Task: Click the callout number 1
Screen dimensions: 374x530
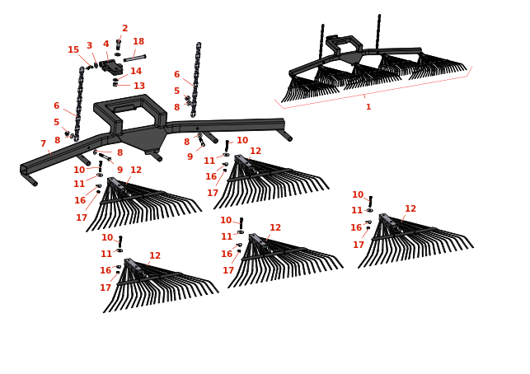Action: tap(368, 107)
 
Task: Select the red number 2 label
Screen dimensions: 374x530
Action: tap(124, 29)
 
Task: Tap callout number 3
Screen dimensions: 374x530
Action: tap(89, 46)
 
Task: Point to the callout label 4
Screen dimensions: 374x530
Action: tap(106, 44)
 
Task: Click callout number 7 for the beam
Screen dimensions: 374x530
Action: tap(43, 144)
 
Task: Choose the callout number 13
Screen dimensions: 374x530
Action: tap(139, 86)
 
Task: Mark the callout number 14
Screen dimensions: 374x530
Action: tap(136, 72)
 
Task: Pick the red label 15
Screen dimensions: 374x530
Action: tap(73, 50)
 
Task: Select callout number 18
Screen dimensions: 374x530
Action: tap(138, 42)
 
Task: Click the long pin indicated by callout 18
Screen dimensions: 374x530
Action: tap(134, 58)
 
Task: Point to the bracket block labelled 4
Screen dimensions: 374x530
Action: tap(111, 67)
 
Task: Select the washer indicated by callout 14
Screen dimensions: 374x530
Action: tap(115, 79)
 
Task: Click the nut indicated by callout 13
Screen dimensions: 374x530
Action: tap(115, 85)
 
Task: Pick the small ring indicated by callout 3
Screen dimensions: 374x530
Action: tap(96, 65)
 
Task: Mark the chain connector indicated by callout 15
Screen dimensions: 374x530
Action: tap(87, 68)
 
